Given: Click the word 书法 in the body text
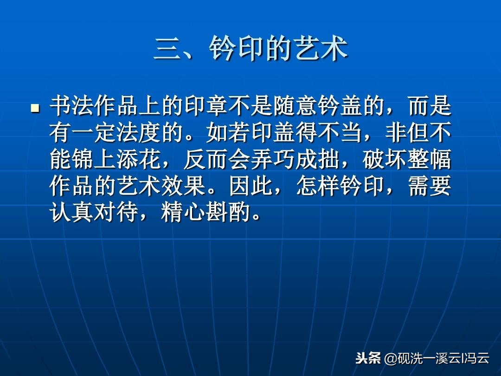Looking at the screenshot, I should click(72, 107).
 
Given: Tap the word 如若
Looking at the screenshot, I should click(228, 134).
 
